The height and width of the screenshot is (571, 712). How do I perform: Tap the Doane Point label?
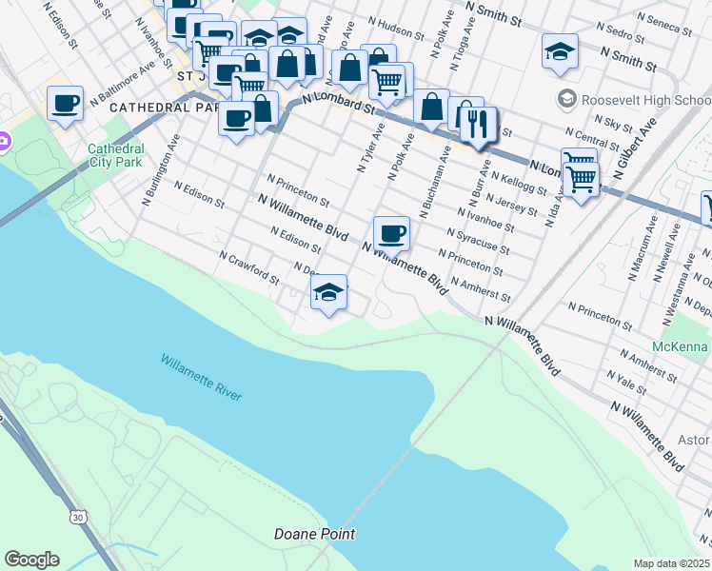[314, 534]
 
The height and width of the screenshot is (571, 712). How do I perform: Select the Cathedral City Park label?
[116, 155]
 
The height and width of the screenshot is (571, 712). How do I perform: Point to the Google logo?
[31, 560]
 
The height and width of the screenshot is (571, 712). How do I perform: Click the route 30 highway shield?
[76, 515]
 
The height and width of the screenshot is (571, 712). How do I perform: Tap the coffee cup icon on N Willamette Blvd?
[390, 232]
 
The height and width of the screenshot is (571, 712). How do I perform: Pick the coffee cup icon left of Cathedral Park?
[65, 103]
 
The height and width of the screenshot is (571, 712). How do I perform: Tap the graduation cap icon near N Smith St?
[560, 51]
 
